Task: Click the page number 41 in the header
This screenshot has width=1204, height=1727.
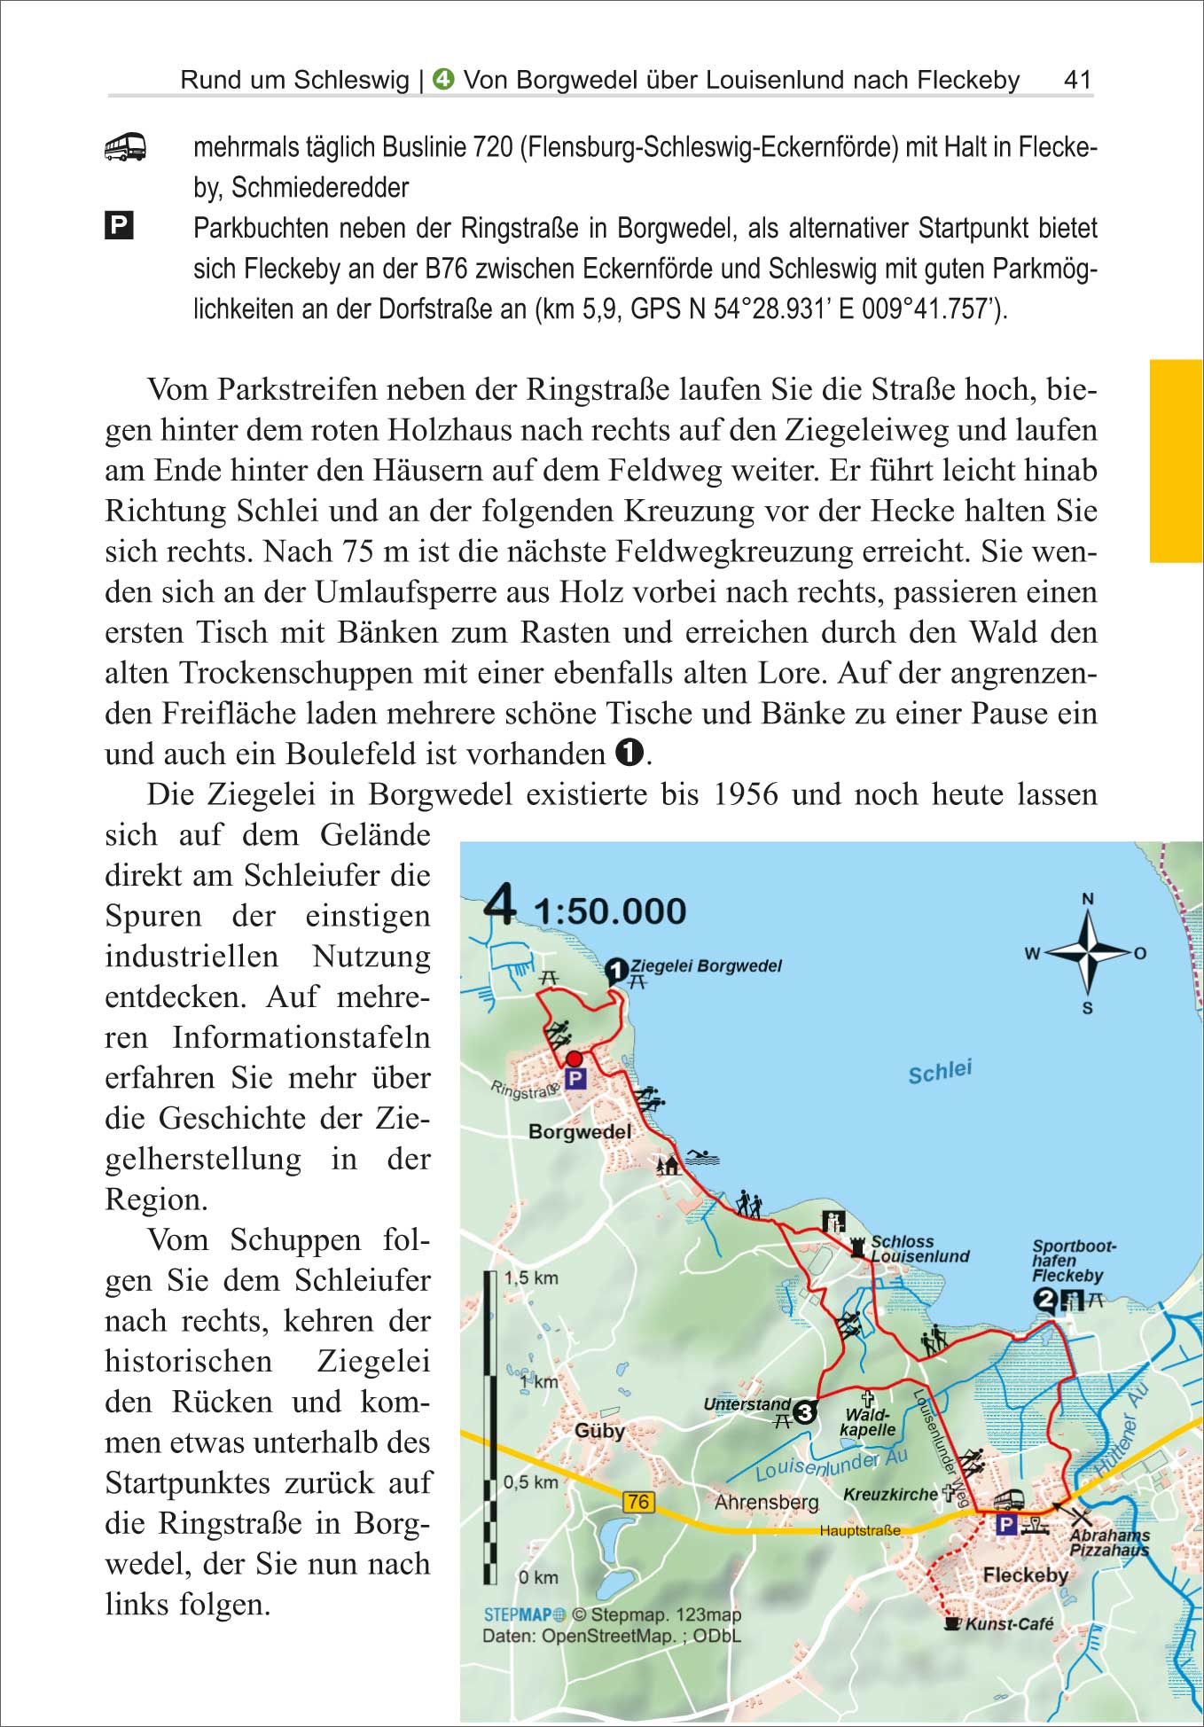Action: point(1077,80)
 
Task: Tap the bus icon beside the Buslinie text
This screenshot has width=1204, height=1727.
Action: point(125,147)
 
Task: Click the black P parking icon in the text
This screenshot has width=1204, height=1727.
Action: point(119,226)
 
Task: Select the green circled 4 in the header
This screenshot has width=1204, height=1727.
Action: point(443,80)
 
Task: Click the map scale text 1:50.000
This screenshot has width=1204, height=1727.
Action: point(610,911)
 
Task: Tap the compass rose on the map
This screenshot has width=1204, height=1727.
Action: point(1088,954)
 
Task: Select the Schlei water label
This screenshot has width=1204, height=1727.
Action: point(940,1072)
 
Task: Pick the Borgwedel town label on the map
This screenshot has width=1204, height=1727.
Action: point(580,1132)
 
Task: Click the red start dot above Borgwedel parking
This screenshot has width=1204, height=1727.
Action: point(574,1059)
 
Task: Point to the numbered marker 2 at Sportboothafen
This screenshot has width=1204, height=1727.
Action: point(1046,1301)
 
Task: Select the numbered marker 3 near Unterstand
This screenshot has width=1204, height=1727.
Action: point(804,1411)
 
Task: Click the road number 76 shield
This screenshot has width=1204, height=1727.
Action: point(638,1501)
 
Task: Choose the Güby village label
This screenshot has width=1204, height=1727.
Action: point(600,1431)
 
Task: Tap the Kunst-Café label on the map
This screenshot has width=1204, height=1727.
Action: point(1009,1624)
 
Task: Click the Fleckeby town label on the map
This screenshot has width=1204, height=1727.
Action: point(1025,1575)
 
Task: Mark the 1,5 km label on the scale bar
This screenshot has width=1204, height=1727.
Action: point(531,1278)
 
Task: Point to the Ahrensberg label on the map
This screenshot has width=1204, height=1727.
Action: point(767,1503)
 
